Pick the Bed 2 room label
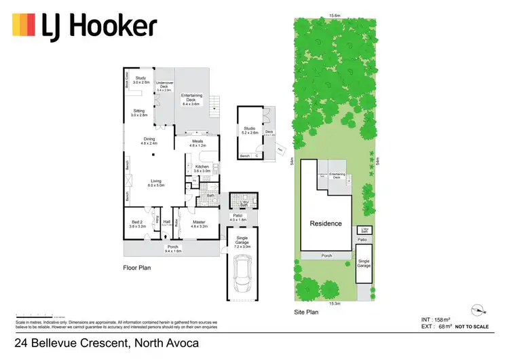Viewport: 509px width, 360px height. (x=138, y=224)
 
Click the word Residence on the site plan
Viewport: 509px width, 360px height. (x=326, y=223)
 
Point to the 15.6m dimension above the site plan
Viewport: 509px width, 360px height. (x=335, y=15)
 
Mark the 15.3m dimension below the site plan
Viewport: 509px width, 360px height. (x=335, y=303)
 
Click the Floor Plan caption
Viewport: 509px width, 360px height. (x=136, y=268)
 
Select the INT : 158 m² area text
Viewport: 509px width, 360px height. (x=436, y=319)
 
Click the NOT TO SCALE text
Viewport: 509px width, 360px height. (x=471, y=327)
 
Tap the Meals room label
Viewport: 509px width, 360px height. (x=197, y=143)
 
